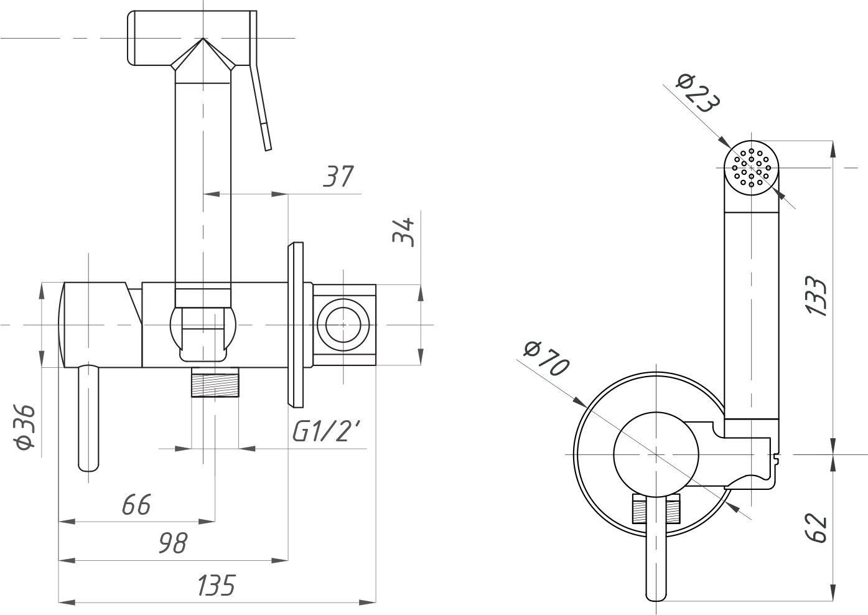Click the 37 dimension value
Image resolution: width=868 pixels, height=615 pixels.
coord(338,177)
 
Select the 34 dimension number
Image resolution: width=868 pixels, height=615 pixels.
coord(405,232)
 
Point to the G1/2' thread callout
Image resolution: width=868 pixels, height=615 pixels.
coord(326,432)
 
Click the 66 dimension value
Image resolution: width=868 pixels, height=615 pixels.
coord(136,505)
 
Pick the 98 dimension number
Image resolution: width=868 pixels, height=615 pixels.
coord(172,543)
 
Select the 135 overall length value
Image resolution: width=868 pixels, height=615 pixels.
coord(216,586)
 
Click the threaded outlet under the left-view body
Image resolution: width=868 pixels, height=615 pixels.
coord(215,382)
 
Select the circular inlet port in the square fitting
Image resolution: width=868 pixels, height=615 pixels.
coord(343,325)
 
